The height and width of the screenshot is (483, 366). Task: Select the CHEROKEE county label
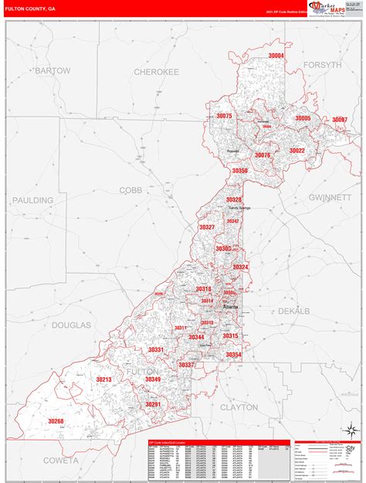(x=156, y=71)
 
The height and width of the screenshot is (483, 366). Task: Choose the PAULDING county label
(x=32, y=200)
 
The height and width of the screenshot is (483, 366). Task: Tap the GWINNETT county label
(x=330, y=197)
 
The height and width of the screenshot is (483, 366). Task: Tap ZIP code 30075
(x=224, y=115)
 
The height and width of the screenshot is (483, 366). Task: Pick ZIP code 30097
(x=340, y=120)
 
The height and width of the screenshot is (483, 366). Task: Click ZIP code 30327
(x=206, y=227)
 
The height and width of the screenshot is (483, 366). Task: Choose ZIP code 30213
(x=103, y=379)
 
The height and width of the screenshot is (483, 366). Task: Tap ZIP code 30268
(x=56, y=421)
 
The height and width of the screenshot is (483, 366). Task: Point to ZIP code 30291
(x=153, y=404)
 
